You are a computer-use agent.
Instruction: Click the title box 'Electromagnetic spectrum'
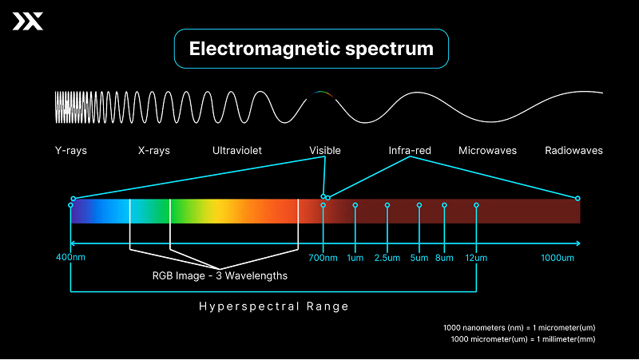[311, 49]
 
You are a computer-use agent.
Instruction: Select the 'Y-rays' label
[70, 150]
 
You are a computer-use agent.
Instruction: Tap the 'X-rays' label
[154, 150]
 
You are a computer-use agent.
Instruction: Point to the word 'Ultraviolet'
[237, 150]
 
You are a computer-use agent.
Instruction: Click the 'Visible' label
[325, 150]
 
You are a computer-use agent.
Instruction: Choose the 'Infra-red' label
[410, 150]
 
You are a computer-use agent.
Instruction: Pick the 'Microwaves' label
[487, 150]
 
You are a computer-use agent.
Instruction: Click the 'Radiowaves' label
[574, 150]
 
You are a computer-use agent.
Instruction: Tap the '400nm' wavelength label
[70, 258]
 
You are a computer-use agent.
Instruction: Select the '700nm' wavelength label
[323, 258]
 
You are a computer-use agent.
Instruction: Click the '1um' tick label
[355, 258]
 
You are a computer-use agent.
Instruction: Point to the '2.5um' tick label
[387, 258]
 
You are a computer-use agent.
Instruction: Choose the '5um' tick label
[419, 258]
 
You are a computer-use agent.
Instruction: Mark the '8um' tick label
[444, 258]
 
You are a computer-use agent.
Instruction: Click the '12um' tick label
[477, 258]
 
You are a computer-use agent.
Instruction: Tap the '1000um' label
[558, 258]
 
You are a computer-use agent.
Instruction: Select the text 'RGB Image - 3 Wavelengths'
[220, 276]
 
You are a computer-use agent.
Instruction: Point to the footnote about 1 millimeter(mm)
[523, 339]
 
